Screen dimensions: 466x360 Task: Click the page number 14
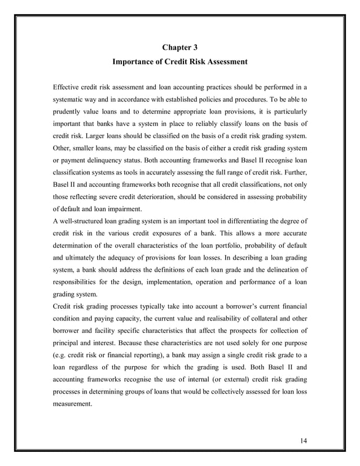(x=305, y=440)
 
